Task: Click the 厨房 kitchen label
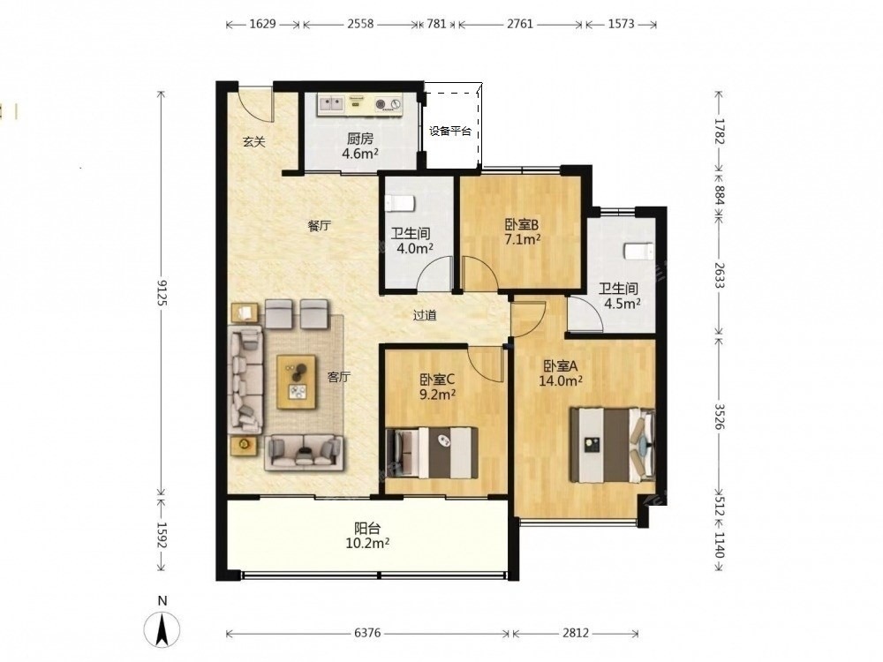click(x=360, y=139)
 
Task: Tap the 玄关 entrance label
click(x=254, y=141)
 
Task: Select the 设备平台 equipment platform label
click(x=450, y=132)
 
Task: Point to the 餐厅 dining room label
click(x=320, y=226)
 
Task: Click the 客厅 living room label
click(x=338, y=377)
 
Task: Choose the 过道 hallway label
click(x=425, y=315)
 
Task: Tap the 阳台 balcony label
click(x=367, y=529)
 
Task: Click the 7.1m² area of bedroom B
click(x=523, y=239)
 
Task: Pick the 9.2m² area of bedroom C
click(x=438, y=395)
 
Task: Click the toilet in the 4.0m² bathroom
click(x=400, y=203)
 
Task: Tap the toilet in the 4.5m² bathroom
click(x=638, y=251)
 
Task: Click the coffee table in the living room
click(x=297, y=381)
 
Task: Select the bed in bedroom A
click(x=613, y=445)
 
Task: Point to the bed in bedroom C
click(x=433, y=453)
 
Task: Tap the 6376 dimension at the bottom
click(x=367, y=633)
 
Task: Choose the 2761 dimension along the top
click(x=520, y=24)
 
